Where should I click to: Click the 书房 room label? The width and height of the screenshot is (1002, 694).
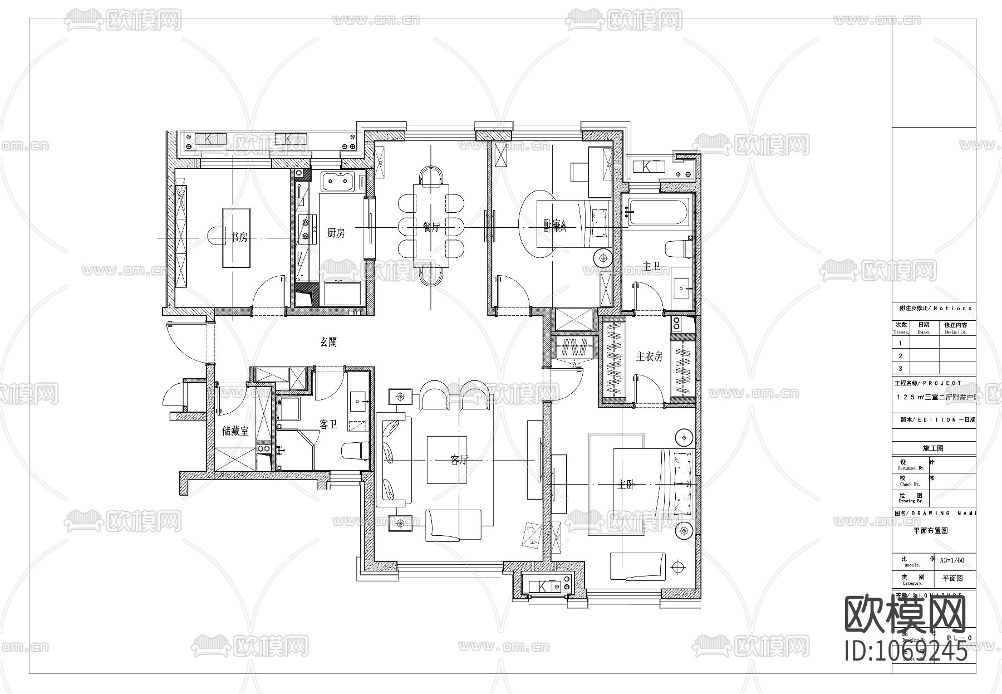click(239, 237)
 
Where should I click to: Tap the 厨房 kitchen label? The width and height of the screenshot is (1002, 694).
click(336, 233)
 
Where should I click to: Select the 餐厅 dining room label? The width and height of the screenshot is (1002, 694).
click(431, 227)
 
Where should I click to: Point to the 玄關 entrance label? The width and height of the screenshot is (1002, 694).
click(328, 342)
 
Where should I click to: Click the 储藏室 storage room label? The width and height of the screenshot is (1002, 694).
click(235, 431)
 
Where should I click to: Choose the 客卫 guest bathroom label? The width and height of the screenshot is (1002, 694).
click(328, 425)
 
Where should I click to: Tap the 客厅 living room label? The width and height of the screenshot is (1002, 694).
click(459, 460)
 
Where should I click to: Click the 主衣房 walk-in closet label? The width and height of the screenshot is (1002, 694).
click(649, 356)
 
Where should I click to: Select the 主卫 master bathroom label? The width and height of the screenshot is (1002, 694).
click(652, 267)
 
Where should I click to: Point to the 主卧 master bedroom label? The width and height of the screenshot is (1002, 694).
click(626, 485)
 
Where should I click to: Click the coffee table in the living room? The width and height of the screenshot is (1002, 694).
click(447, 460)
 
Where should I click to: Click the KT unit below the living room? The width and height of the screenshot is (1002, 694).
click(546, 587)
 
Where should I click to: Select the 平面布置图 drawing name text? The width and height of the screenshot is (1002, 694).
click(931, 531)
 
